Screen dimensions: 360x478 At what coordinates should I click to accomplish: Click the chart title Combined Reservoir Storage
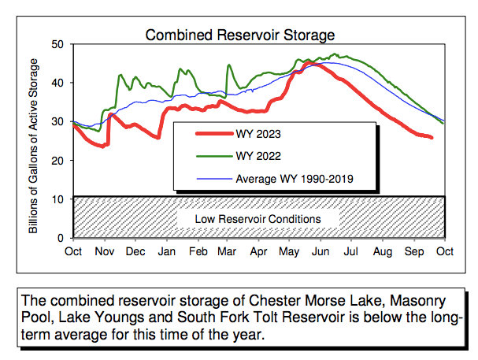pos(240,35)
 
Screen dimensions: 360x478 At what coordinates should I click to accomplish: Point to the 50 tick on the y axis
pos(57,44)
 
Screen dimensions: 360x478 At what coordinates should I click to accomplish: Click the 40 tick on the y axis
pos(57,83)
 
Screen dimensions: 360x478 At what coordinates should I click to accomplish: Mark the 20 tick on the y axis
pos(57,160)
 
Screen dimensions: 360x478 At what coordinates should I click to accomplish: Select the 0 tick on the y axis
pos(61,237)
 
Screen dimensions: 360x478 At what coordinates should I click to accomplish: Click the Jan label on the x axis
pos(166,251)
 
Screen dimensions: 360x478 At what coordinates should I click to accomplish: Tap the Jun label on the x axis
pos(321,251)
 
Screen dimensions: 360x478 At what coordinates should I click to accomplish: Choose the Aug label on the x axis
pos(382,251)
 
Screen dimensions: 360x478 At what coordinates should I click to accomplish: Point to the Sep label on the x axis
pos(413,251)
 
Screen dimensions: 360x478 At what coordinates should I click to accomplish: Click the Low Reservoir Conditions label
pos(259,218)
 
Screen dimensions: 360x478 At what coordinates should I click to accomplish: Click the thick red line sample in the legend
pos(210,132)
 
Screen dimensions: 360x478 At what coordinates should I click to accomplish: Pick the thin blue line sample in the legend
pos(210,179)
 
